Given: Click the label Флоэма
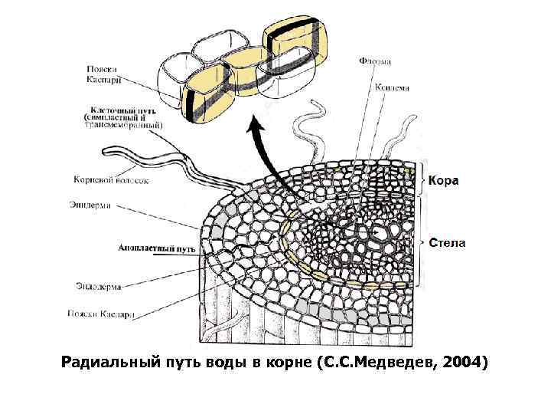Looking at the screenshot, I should coord(374,61).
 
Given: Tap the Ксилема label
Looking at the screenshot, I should coord(390,87).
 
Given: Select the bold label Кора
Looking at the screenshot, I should coord(443,181).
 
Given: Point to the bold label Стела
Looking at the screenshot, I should coord(447,243).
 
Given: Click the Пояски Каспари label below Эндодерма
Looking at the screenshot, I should coord(100,314).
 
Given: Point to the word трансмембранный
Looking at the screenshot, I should coord(127,125).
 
